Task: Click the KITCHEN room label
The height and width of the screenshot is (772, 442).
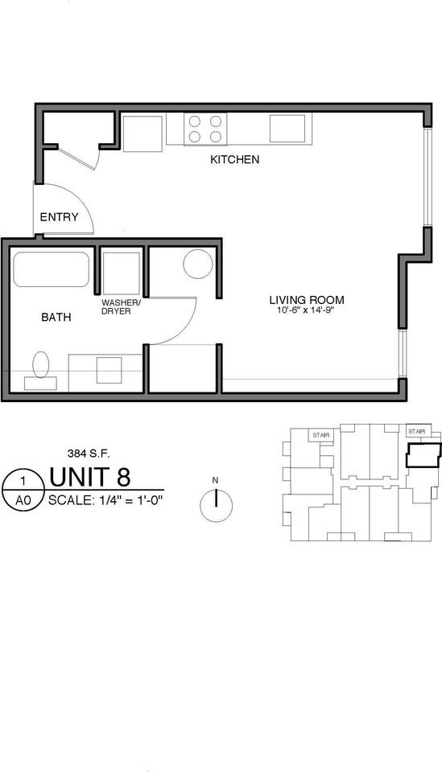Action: point(234,160)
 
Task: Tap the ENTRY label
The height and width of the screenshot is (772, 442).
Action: point(59,217)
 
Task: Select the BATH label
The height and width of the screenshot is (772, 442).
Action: point(56,318)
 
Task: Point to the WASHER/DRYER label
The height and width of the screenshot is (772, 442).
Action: point(121,306)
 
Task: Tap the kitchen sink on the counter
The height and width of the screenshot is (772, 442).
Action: point(287,128)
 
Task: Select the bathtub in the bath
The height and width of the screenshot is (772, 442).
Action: point(51,269)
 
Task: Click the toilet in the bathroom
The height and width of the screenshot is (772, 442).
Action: point(40,369)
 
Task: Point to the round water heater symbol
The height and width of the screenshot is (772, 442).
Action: point(197,264)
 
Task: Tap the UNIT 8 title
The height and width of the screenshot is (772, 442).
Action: point(101,477)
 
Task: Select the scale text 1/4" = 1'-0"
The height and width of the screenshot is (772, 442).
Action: point(105,499)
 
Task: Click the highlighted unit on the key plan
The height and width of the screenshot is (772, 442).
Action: point(423,455)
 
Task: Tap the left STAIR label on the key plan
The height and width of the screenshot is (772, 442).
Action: point(321,435)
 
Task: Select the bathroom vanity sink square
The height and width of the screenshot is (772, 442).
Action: point(109,370)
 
